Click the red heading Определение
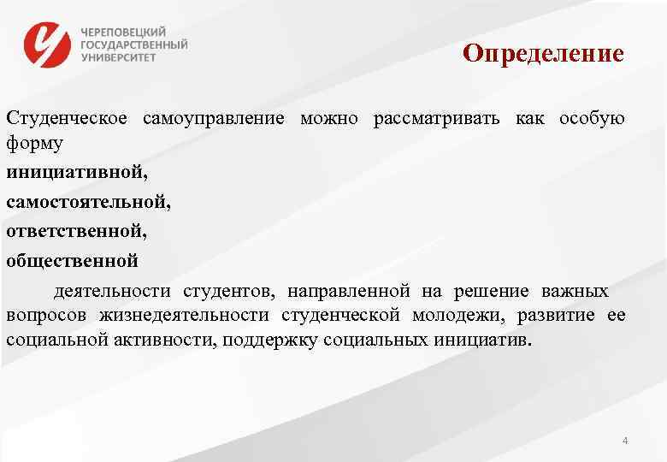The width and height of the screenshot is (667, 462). (544, 54)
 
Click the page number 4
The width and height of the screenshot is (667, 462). (626, 441)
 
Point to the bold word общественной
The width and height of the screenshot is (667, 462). (72, 260)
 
